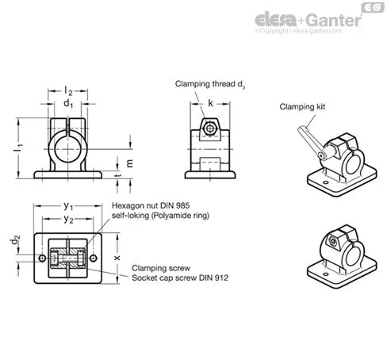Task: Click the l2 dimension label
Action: click(68, 91)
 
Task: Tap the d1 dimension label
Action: click(68, 104)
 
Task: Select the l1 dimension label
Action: click(18, 148)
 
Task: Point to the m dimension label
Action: click(129, 163)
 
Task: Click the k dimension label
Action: click(210, 103)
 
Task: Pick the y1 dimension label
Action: click(68, 206)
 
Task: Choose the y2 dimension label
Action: click(68, 219)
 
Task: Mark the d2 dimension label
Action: click(15, 239)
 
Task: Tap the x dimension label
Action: click(117, 258)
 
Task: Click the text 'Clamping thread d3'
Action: click(210, 84)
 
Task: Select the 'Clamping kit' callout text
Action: click(302, 107)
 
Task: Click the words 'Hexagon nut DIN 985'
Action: click(151, 205)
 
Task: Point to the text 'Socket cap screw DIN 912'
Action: click(180, 278)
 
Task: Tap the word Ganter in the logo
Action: click(334, 20)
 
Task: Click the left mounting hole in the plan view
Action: click(42, 258)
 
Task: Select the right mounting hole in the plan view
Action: click(94, 258)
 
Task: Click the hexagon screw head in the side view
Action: click(210, 128)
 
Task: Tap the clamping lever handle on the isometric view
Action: click(308, 140)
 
